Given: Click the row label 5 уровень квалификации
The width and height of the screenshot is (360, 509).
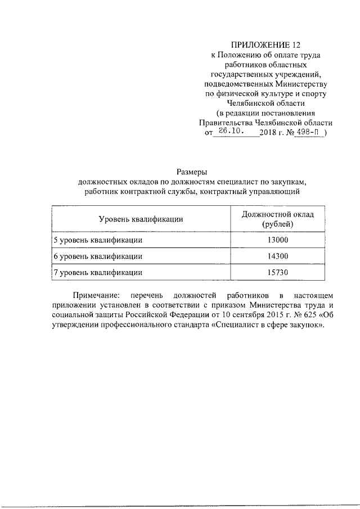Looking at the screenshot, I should point(97,240).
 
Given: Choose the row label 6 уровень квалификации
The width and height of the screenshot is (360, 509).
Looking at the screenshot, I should point(97,256).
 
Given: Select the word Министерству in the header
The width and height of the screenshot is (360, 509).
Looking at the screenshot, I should point(299,83).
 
